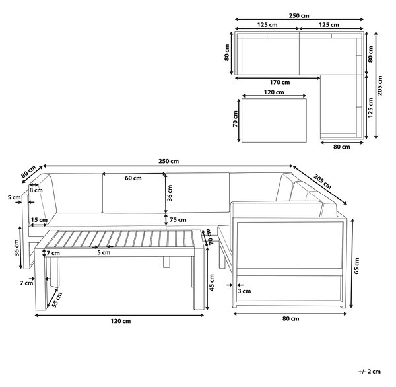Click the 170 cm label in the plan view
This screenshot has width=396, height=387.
(280, 82)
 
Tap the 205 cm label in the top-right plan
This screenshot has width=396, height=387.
(380, 86)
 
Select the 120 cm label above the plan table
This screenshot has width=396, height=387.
(274, 92)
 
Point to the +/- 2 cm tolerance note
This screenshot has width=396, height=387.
(369, 372)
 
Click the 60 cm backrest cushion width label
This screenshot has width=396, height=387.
(133, 178)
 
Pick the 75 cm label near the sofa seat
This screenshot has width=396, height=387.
(178, 220)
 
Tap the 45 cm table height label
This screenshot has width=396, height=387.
(212, 283)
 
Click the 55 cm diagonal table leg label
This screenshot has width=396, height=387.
(57, 300)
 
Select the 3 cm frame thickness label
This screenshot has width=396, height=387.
(244, 291)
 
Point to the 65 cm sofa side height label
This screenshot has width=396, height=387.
(356, 265)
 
